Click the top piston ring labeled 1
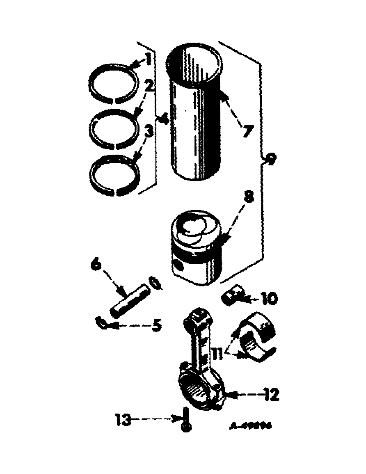pyautogui.click(x=112, y=82)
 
